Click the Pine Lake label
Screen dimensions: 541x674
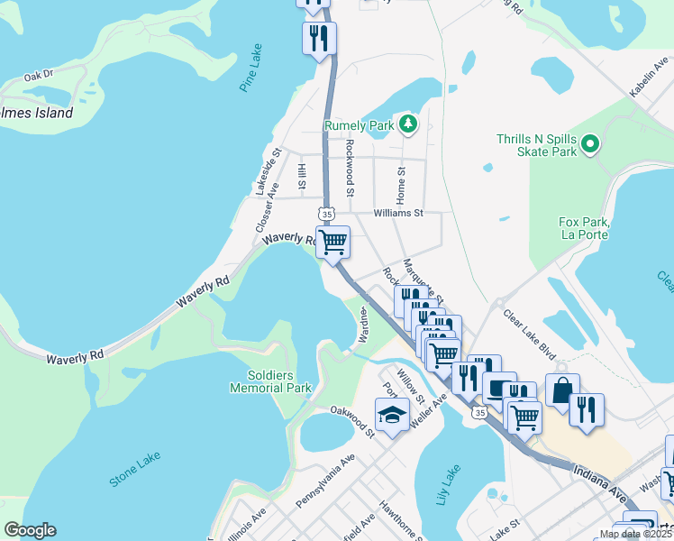pos(251,67)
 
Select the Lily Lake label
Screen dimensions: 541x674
pos(448,484)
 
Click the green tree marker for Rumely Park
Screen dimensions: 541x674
pos(408,124)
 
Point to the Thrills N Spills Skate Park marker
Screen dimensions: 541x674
pos(590,143)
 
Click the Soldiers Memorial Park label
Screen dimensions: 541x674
pos(270,381)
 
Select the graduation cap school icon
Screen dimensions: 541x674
pos(391,415)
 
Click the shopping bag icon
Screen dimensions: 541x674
pos(561,390)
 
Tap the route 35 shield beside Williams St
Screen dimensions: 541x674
pos(326,214)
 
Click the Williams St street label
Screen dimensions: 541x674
pos(399,214)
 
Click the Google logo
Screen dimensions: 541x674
pos(30,530)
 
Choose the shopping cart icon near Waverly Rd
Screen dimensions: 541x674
pos(333,241)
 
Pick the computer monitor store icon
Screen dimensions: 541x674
pos(499,388)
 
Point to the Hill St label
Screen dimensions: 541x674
pos(303,175)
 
